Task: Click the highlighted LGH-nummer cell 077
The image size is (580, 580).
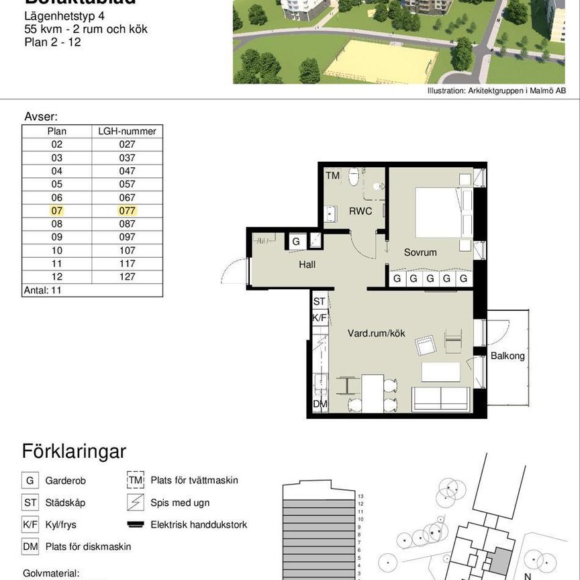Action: click(127, 210)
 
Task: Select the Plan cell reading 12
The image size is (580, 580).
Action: click(56, 277)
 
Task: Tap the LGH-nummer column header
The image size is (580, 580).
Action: click(127, 132)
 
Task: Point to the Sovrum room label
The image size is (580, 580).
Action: click(420, 252)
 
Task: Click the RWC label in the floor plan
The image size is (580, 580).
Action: click(360, 211)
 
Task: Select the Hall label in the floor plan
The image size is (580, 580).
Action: click(307, 264)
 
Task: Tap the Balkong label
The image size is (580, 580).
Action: click(507, 356)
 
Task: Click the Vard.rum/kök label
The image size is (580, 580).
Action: click(376, 333)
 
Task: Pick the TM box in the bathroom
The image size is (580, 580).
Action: click(332, 176)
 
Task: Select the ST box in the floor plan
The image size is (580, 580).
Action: click(320, 302)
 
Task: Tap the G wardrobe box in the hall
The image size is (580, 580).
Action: click(295, 241)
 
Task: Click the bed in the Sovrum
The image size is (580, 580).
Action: click(438, 211)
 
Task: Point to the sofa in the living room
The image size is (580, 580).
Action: click(440, 398)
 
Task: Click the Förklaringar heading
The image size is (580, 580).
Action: click(74, 451)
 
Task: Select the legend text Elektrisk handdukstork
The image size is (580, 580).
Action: click(199, 524)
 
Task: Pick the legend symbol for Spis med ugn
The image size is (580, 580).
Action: click(136, 502)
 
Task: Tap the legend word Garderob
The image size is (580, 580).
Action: click(66, 481)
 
